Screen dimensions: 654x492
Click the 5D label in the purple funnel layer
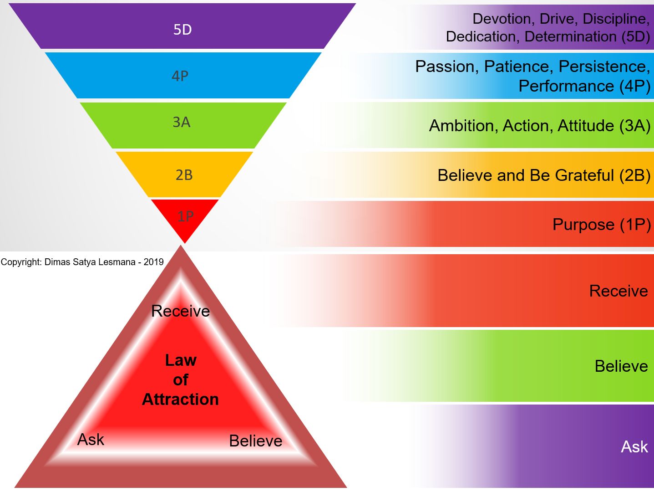(183, 30)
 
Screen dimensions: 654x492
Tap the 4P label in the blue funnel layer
(180, 76)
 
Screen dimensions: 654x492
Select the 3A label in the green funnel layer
(182, 122)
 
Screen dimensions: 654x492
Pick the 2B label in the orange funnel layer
(184, 175)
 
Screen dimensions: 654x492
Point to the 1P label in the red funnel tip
(185, 216)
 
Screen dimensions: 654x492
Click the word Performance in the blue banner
(566, 86)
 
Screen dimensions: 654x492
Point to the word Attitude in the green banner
(586, 126)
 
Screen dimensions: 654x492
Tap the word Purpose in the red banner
(583, 225)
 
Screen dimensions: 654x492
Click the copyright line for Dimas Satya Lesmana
(82, 262)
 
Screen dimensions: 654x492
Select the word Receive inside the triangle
(181, 311)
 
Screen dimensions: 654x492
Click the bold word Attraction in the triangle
(181, 399)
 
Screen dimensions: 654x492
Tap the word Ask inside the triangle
(91, 440)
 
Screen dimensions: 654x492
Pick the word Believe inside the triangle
(256, 441)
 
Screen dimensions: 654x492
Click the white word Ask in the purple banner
(634, 447)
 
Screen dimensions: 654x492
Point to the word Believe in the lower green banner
(621, 366)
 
